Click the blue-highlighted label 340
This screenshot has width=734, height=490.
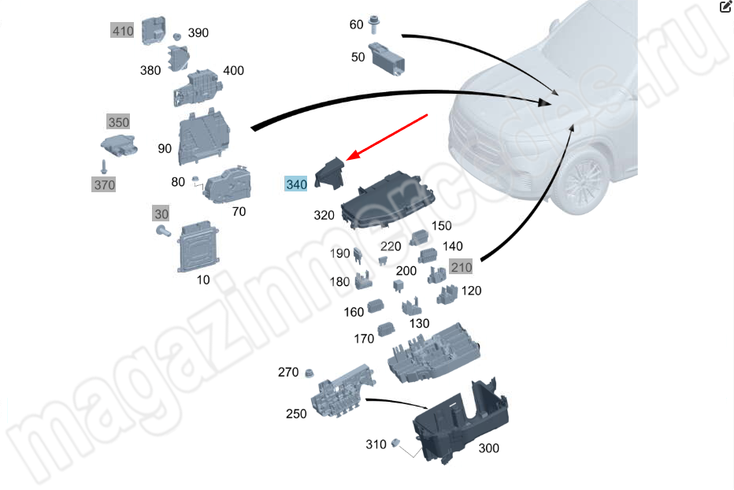(296, 184)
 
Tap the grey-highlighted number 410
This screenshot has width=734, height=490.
(122, 31)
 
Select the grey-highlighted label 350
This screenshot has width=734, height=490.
(118, 122)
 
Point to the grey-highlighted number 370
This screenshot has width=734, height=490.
(104, 184)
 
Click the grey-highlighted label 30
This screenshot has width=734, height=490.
(161, 214)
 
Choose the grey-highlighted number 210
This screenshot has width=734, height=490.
(461, 267)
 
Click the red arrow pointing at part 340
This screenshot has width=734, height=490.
(387, 137)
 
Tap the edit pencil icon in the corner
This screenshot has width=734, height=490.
(725, 6)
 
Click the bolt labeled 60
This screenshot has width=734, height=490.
(373, 24)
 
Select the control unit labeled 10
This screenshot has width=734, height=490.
(198, 247)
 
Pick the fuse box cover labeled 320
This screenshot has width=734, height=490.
(388, 199)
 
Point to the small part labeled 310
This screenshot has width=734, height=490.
(395, 443)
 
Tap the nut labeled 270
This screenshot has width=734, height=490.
(309, 373)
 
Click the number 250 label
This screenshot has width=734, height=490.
(296, 414)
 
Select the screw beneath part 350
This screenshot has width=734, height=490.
(104, 166)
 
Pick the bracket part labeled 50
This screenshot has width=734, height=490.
(387, 59)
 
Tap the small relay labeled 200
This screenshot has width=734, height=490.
(398, 285)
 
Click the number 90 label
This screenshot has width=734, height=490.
(165, 149)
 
